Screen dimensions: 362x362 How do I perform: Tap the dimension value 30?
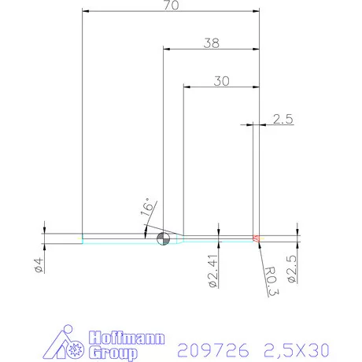coord(221,79)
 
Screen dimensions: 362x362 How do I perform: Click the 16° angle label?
coord(147,208)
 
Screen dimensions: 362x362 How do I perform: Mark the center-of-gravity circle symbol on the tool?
coord(163,239)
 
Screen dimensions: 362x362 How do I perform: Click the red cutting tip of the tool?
coord(255,237)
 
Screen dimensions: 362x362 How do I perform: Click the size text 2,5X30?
coord(297,347)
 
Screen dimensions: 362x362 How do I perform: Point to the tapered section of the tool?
coord(179,237)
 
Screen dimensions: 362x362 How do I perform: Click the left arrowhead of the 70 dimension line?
coord(86,11)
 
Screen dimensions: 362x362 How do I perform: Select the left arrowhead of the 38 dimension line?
coord(166,49)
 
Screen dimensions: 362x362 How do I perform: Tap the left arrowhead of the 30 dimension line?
coord(187,85)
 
